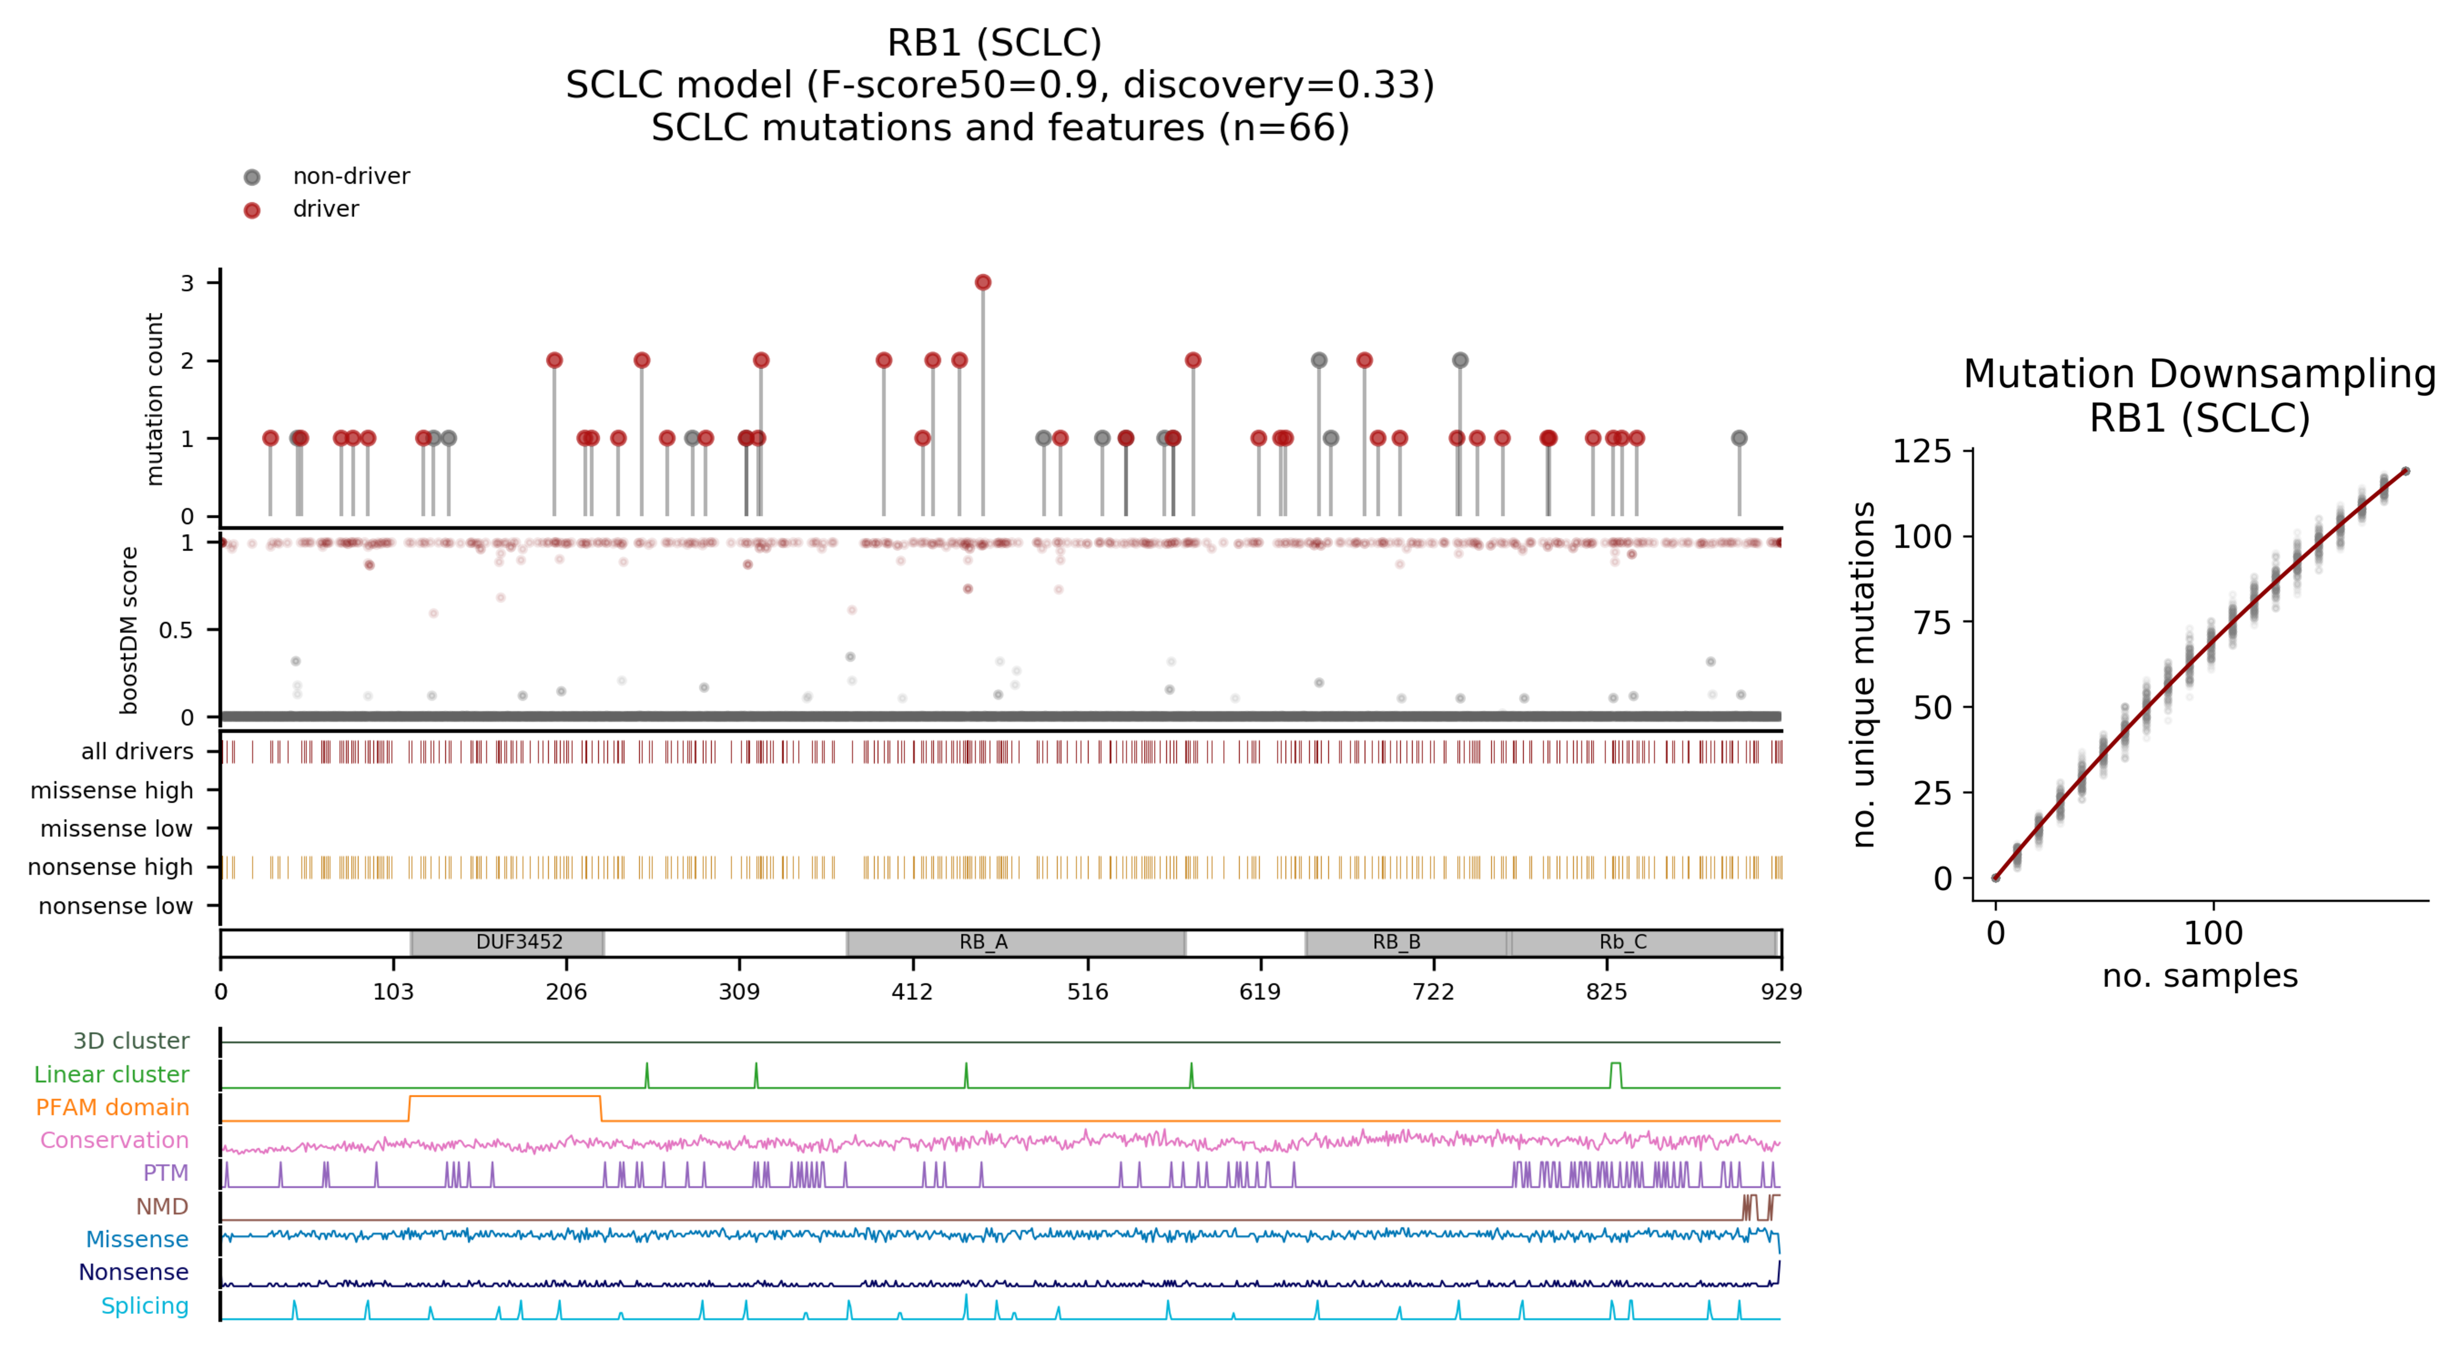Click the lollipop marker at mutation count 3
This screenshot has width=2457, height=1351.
tap(983, 282)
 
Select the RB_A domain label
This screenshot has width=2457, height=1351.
tap(983, 942)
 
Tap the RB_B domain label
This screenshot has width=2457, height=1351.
tap(1396, 942)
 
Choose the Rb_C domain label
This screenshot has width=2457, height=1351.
tap(1622, 942)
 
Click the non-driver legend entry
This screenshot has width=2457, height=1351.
tap(350, 176)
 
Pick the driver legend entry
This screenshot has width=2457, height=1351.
tap(325, 209)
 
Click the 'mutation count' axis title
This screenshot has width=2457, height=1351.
tap(154, 399)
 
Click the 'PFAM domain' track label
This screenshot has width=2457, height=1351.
tap(112, 1107)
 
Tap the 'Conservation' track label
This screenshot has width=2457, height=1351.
tap(114, 1140)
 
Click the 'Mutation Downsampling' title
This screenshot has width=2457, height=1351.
tap(2198, 374)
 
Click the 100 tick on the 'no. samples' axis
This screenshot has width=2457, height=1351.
tap(2213, 933)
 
